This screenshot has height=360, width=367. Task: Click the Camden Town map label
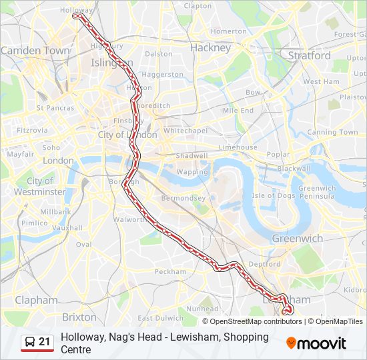(35, 51)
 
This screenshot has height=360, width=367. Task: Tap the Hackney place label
(210, 47)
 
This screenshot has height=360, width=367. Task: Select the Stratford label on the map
(309, 56)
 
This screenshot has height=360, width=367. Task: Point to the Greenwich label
(297, 239)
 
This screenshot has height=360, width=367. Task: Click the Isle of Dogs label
(273, 195)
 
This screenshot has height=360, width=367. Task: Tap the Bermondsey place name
(183, 198)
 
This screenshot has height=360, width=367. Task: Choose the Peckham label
(170, 271)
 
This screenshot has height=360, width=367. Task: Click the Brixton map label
(79, 317)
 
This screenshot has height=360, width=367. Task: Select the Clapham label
(36, 301)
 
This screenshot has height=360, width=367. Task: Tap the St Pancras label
(55, 107)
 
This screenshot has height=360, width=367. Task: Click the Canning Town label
(332, 132)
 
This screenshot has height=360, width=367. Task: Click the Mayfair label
(21, 154)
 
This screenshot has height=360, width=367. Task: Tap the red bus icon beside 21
(29, 343)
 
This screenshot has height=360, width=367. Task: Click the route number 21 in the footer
(44, 342)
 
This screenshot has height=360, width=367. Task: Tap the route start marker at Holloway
(75, 16)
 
